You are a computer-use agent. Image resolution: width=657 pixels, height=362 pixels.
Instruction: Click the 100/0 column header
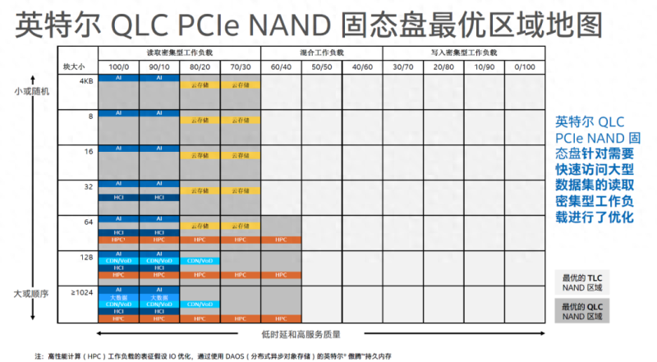click(118, 66)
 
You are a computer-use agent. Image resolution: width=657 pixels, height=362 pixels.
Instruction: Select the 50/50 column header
click(322, 66)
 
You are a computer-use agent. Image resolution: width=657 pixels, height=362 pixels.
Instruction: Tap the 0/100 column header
click(523, 66)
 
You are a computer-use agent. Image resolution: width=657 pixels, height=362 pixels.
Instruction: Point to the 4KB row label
click(85, 80)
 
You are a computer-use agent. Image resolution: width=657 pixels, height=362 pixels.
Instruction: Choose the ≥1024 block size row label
click(82, 292)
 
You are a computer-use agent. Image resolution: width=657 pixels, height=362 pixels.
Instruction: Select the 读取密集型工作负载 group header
click(179, 53)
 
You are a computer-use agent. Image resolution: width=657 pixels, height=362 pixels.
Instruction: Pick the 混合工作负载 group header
click(322, 53)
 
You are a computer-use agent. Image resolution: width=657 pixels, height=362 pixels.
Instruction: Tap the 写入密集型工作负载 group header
click(463, 53)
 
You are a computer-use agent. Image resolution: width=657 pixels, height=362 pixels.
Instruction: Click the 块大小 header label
click(74, 66)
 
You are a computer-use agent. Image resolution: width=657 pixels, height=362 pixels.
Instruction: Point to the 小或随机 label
click(31, 91)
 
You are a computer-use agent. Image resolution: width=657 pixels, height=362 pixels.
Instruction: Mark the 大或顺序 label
click(31, 293)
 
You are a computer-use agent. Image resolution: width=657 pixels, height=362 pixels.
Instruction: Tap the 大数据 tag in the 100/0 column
click(118, 297)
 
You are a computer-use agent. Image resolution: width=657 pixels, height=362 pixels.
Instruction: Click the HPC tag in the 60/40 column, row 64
click(281, 239)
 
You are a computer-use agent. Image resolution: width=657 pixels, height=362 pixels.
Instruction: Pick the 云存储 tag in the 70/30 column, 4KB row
click(241, 85)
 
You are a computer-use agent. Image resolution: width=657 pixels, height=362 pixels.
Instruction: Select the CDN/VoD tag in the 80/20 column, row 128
click(200, 261)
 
